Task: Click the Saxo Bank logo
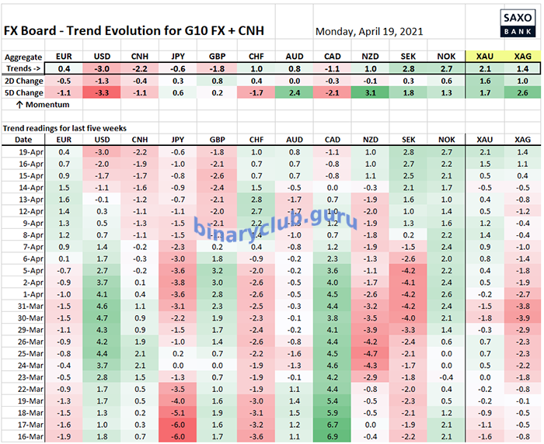click(518, 23)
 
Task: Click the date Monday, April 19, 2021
click(369, 32)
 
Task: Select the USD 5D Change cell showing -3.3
click(102, 93)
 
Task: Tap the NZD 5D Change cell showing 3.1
click(370, 93)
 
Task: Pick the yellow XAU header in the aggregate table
click(485, 56)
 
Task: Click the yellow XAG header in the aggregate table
click(522, 56)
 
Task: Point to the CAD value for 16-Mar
click(332, 436)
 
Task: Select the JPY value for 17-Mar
click(178, 425)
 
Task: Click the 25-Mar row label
click(30, 353)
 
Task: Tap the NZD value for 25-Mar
click(370, 353)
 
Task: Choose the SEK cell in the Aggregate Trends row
click(408, 68)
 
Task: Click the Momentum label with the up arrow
click(43, 105)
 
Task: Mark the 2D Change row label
click(24, 81)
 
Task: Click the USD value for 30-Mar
click(102, 318)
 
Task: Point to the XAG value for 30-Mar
click(522, 318)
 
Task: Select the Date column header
click(23, 140)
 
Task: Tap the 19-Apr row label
click(31, 152)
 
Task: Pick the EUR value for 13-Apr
click(64, 199)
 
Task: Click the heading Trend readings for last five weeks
click(65, 128)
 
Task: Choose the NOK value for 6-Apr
click(446, 259)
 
